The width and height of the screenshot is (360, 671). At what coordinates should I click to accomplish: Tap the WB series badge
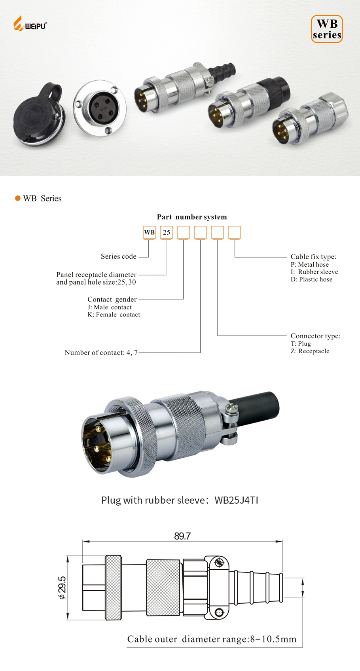[327, 29]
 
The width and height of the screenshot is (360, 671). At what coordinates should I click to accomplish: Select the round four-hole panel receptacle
[100, 107]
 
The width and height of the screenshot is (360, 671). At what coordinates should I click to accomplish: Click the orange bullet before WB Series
[18, 198]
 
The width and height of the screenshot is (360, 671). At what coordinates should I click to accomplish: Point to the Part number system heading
[192, 217]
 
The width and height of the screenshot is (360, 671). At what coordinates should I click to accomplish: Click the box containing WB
[150, 232]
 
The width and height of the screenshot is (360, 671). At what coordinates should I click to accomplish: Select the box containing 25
[167, 232]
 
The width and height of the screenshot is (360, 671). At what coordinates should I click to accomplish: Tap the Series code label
[118, 256]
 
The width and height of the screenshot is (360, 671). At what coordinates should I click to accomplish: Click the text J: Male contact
[110, 307]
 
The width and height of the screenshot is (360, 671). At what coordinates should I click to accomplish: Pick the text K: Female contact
[114, 315]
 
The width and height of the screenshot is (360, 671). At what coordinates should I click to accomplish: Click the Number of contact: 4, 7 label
[101, 353]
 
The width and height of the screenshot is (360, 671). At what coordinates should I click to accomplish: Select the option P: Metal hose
[310, 264]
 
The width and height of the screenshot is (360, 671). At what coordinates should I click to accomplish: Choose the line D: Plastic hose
[312, 279]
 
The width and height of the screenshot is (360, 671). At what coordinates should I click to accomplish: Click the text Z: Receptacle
[310, 351]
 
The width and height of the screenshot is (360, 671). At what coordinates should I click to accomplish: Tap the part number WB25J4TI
[236, 500]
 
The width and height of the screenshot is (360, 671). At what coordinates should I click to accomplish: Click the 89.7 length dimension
[182, 536]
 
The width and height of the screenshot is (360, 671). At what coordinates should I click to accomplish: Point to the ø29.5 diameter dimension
[63, 588]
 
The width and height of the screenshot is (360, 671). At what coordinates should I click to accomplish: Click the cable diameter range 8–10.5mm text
[273, 639]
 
